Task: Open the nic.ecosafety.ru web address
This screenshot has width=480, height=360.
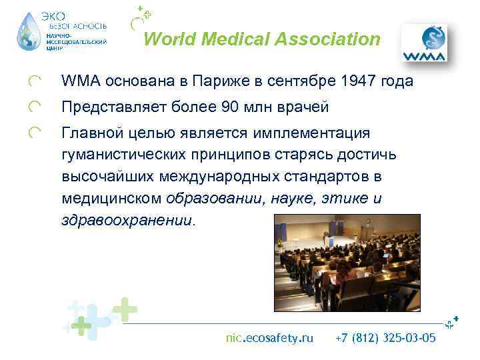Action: pos(269,338)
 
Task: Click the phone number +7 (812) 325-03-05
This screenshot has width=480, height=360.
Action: pos(385,338)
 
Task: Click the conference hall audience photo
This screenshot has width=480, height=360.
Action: pos(347,263)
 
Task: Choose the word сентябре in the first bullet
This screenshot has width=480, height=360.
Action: pos(293,82)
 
